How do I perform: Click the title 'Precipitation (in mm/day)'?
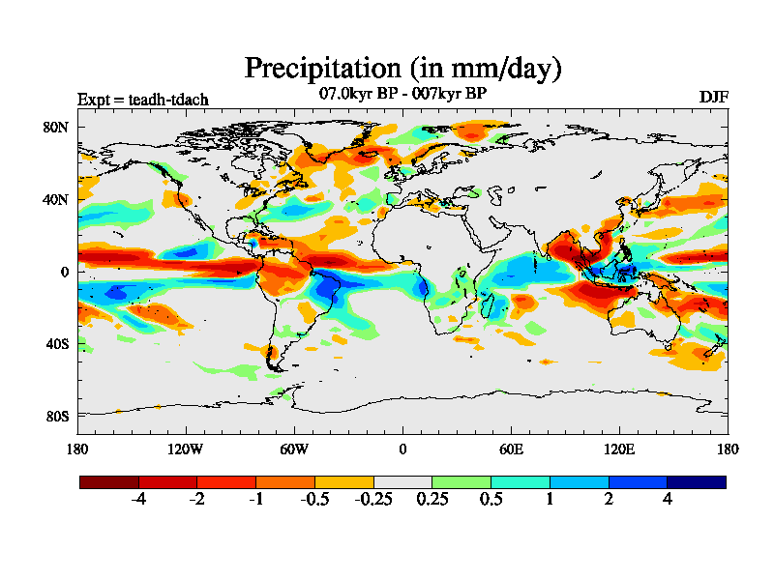tap(402, 69)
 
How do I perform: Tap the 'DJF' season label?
tap(714, 99)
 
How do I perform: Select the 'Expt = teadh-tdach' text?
tap(142, 100)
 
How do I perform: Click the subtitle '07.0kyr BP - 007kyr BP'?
tap(402, 94)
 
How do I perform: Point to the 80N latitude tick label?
tap(56, 127)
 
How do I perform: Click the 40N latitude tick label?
tap(56, 199)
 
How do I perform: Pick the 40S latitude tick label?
tap(56, 344)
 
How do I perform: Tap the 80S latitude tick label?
tap(56, 417)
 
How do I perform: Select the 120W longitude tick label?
tap(185, 449)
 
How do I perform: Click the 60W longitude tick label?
tap(294, 449)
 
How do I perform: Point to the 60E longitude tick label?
tap(511, 449)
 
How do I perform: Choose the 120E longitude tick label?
tap(619, 449)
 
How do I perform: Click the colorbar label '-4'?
tap(138, 500)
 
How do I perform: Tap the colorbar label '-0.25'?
tap(373, 500)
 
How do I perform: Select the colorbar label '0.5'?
tap(491, 500)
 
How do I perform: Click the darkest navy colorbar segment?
tap(696, 481)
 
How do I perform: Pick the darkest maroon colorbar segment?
tap(109, 481)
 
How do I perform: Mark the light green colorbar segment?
tap(461, 481)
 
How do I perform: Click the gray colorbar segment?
tap(402, 481)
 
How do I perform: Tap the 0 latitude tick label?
tap(65, 272)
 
